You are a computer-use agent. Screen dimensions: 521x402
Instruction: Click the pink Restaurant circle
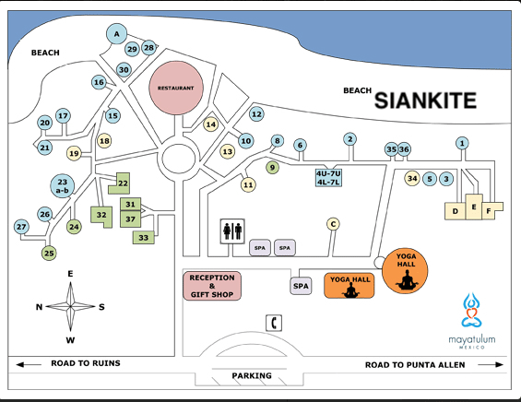tap(176, 88)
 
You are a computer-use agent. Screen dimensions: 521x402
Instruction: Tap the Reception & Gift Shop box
tap(212, 286)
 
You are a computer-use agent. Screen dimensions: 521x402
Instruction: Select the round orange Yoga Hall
tap(405, 271)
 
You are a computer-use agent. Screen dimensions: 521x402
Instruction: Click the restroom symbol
tap(232, 231)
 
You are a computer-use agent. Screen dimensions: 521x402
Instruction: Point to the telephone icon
tap(274, 323)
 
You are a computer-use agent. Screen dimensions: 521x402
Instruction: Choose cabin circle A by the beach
tap(116, 34)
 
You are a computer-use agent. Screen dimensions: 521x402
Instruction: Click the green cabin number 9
tap(272, 167)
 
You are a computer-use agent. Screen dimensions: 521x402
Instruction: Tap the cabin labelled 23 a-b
tap(63, 186)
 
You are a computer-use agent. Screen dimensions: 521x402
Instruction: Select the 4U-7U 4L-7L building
tap(328, 178)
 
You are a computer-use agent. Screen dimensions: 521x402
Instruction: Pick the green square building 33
tap(144, 238)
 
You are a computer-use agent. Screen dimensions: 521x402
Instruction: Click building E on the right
tap(474, 207)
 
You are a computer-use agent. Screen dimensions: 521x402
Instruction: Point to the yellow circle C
tap(333, 224)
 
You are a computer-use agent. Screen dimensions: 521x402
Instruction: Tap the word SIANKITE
tap(426, 100)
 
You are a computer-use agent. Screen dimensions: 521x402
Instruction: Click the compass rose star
tap(70, 306)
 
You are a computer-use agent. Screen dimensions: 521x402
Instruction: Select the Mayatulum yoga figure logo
tap(472, 310)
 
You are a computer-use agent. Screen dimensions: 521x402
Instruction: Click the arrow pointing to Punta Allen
tap(491, 364)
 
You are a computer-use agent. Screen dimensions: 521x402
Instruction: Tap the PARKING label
tap(252, 375)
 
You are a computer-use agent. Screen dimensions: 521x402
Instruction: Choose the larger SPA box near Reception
tap(301, 286)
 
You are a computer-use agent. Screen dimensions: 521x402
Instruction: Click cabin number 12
tap(256, 114)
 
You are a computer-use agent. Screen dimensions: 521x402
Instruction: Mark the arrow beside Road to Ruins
tap(29, 364)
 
